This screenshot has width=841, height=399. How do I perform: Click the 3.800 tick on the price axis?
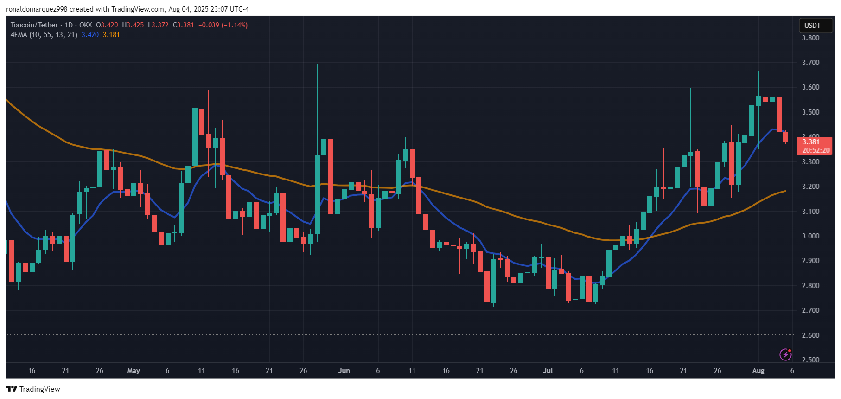tap(810, 38)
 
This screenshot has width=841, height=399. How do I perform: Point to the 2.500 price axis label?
tap(810, 360)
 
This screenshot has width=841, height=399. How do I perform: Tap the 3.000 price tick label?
tap(810, 236)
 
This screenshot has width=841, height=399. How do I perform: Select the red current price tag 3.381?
tap(811, 142)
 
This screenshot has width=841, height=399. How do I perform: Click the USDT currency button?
tap(812, 26)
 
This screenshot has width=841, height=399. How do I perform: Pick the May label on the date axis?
tap(134, 371)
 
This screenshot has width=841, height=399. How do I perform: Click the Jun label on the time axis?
tap(344, 371)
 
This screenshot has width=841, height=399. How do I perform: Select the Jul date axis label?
tap(548, 371)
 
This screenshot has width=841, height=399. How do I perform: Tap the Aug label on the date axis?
tap(758, 371)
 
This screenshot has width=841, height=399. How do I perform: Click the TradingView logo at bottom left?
tap(33, 389)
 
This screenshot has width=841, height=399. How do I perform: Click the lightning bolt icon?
tap(785, 355)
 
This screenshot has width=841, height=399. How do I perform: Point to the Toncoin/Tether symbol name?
tap(34, 25)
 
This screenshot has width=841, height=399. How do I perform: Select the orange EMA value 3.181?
tap(111, 35)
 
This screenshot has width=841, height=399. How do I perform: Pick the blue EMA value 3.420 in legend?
tap(90, 35)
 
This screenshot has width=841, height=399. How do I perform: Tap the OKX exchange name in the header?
tap(85, 25)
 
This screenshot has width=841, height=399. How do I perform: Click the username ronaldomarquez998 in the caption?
tap(37, 9)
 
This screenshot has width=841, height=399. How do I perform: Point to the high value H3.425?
tap(133, 25)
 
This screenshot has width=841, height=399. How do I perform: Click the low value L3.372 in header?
tap(158, 25)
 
